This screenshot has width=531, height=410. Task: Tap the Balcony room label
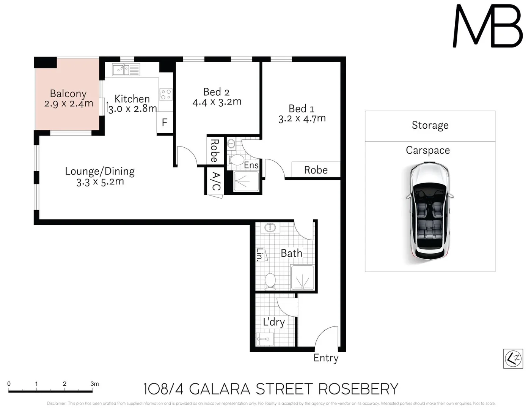tap(68, 93)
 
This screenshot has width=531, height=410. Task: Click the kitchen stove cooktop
tap(166, 94)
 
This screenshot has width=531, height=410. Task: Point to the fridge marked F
tap(165, 123)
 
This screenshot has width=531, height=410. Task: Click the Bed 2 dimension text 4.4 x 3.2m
tap(217, 102)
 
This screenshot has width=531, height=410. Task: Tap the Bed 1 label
tap(302, 109)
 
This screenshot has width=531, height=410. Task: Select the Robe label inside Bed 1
tap(316, 170)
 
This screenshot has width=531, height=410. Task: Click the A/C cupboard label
tap(215, 181)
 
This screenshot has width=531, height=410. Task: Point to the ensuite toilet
tap(237, 160)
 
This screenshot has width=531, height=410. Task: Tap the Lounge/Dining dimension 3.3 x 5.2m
tap(100, 182)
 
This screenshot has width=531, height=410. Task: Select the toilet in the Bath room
tap(270, 281)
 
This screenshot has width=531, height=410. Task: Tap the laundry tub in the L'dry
tap(264, 339)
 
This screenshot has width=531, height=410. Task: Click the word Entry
tap(326, 358)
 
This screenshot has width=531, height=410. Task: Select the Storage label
tap(430, 125)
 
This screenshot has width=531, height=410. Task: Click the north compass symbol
tap(513, 358)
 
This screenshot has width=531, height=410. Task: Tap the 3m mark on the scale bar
tap(94, 384)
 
